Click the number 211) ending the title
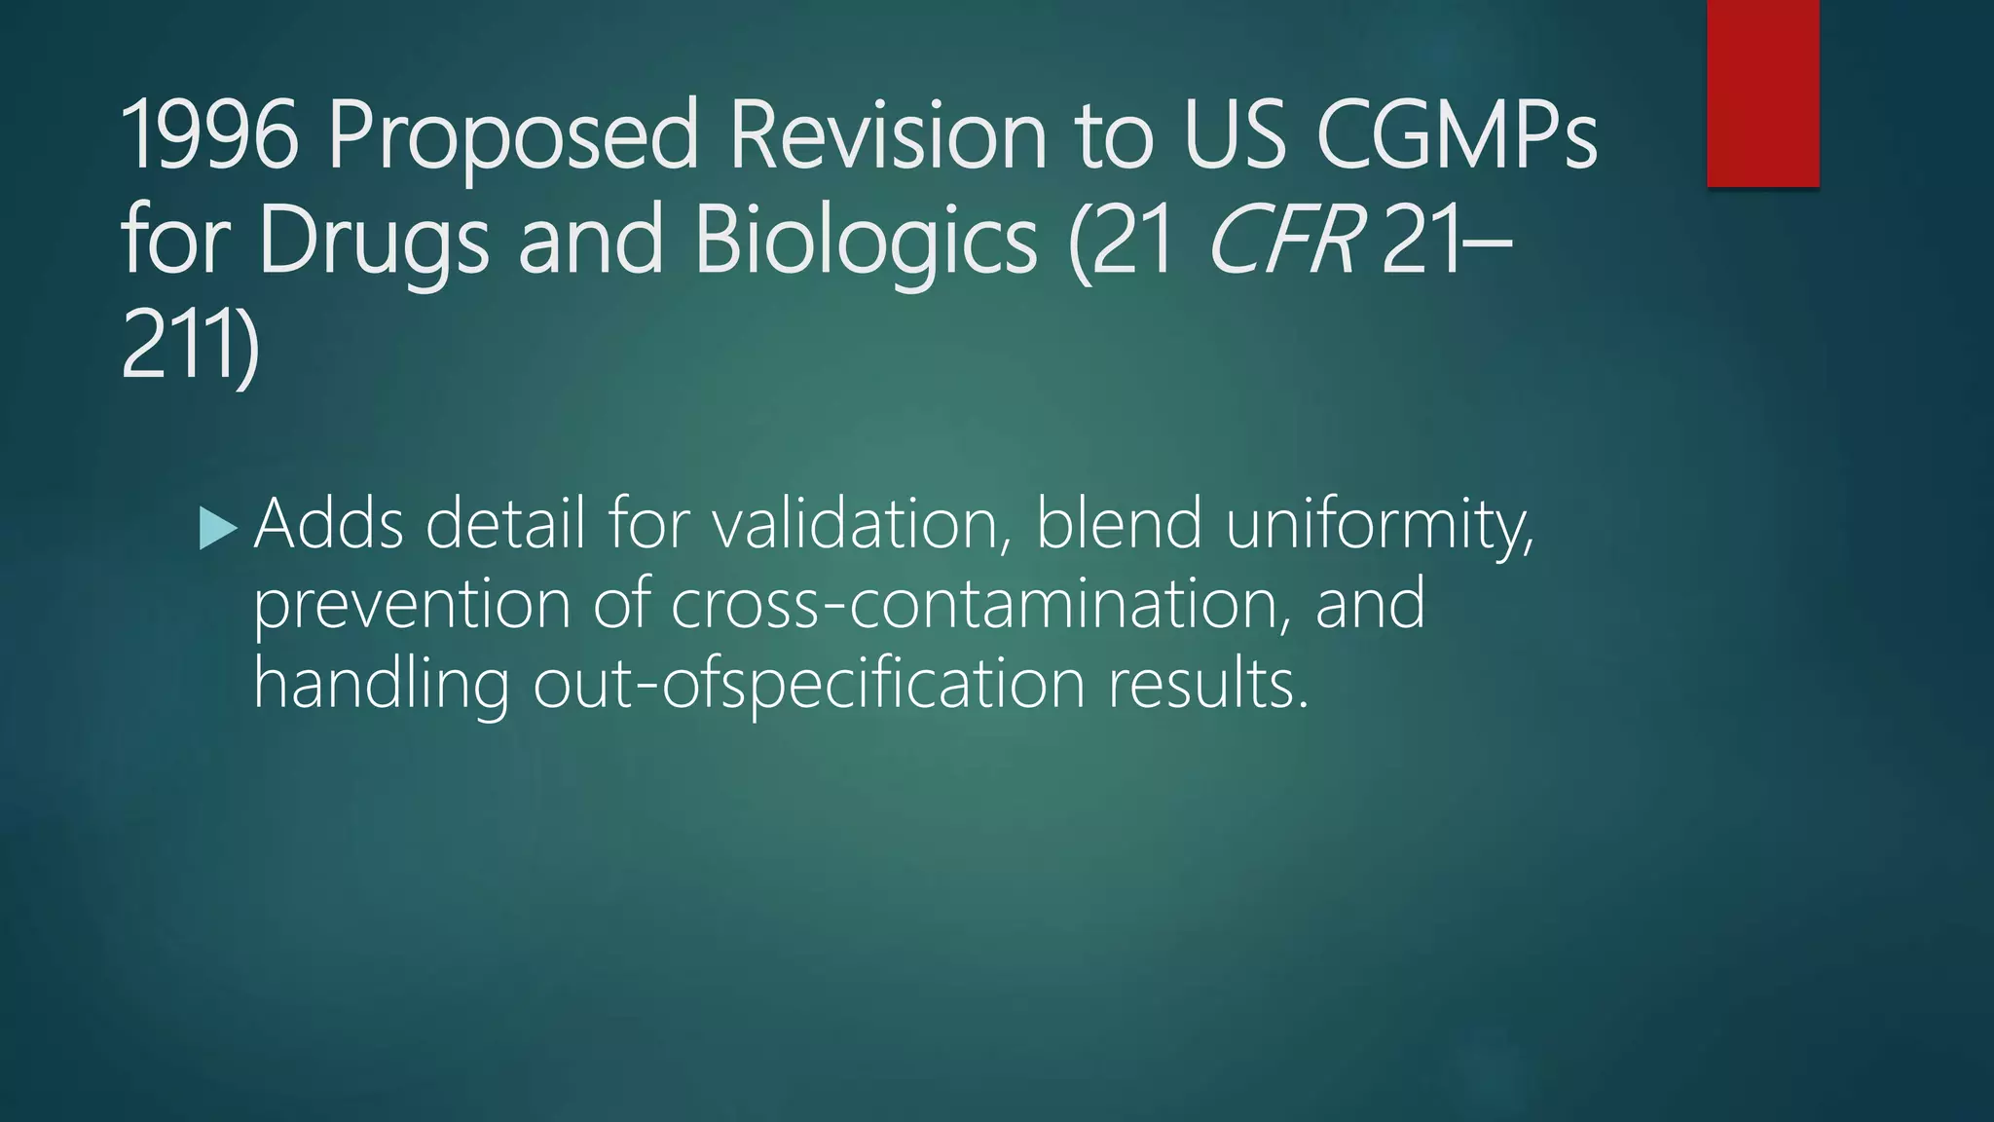(x=190, y=345)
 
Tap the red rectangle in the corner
(x=1762, y=93)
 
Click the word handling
(x=381, y=684)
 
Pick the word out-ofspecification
(x=809, y=684)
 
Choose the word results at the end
(x=1208, y=684)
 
